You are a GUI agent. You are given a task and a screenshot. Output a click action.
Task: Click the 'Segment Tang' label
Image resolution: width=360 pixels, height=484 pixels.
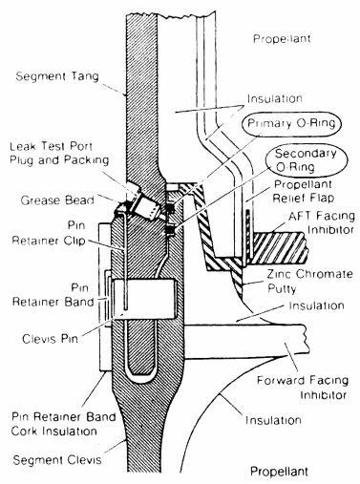point(57,76)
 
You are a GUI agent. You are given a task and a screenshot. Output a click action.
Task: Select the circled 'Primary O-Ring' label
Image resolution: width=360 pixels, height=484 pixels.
point(291,124)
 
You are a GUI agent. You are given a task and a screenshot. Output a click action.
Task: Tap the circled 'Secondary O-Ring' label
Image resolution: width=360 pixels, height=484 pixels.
point(307,159)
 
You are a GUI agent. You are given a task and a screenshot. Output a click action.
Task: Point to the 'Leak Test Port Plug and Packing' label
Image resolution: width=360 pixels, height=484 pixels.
point(59,153)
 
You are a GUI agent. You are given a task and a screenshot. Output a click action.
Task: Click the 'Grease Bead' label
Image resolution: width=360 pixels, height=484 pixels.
point(57,200)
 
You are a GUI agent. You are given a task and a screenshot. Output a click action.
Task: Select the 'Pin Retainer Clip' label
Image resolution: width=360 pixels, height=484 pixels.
point(49,233)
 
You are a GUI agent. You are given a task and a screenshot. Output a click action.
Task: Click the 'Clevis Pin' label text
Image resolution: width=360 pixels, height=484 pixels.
point(50,339)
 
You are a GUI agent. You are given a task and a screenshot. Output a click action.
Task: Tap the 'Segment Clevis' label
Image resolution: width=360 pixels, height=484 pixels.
point(57,460)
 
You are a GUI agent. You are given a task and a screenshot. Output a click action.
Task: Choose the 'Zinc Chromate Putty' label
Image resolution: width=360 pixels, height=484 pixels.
point(309,281)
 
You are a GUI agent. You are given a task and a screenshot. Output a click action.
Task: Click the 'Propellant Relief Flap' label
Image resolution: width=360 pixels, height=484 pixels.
point(304,191)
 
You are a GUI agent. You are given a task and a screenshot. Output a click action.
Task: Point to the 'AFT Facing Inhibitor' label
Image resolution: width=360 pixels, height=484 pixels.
point(322,222)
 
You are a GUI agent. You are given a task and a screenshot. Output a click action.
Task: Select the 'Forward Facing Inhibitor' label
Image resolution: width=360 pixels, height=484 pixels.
point(303,388)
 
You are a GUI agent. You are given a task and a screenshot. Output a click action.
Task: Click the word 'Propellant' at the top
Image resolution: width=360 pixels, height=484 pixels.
point(282,39)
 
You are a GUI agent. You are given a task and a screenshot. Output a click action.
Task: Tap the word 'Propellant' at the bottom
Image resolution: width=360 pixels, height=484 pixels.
point(279,471)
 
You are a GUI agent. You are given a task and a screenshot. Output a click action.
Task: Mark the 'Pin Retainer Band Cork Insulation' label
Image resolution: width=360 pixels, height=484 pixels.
point(64,424)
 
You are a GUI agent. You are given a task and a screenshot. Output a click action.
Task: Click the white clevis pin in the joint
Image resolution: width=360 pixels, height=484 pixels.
point(144,299)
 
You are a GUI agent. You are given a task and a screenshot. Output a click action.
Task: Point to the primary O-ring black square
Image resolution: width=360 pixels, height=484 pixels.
point(171,208)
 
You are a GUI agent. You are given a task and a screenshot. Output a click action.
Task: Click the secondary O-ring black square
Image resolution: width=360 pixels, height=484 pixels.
point(171,229)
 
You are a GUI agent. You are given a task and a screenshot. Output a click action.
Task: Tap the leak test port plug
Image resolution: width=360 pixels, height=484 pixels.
point(146,206)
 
